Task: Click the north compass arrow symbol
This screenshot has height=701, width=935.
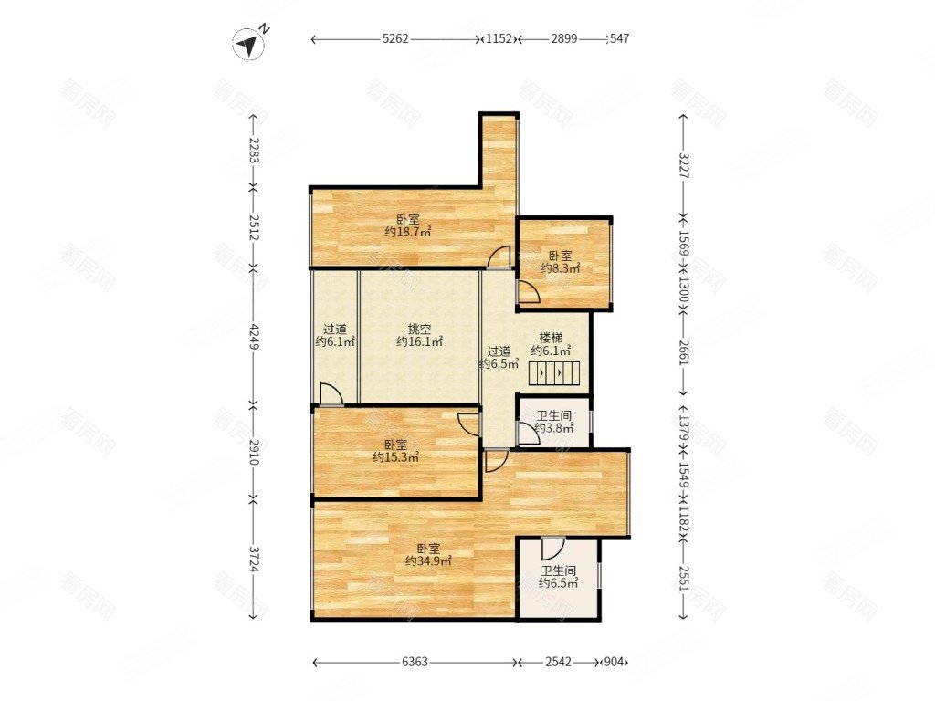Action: click(249, 44)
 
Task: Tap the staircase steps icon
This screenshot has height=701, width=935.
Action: click(553, 373)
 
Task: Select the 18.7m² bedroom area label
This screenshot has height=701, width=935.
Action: click(408, 226)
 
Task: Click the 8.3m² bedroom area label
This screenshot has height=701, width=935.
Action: click(560, 262)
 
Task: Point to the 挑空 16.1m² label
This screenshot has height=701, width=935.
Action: click(420, 336)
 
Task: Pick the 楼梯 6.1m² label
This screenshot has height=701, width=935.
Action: click(551, 344)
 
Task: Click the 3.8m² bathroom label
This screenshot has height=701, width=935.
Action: click(554, 422)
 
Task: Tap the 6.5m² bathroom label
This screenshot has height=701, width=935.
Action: click(558, 577)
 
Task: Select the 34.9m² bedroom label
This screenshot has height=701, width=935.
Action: click(428, 555)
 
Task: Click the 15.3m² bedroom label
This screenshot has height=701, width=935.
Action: click(395, 451)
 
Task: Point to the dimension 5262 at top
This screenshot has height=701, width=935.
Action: click(395, 38)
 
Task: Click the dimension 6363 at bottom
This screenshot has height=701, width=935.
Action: click(415, 662)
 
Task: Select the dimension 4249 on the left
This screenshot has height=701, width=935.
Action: click(255, 337)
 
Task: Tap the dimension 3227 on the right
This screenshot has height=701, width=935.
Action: click(684, 165)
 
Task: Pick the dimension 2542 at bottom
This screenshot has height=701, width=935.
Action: click(558, 662)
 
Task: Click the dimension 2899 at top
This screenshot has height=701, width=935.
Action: click(563, 38)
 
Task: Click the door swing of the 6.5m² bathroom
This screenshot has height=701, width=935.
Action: click(552, 548)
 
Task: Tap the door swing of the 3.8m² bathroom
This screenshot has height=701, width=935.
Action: click(529, 434)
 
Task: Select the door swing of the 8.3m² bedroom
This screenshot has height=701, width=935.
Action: click(529, 292)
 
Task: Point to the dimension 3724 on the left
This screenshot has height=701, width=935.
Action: click(255, 560)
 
